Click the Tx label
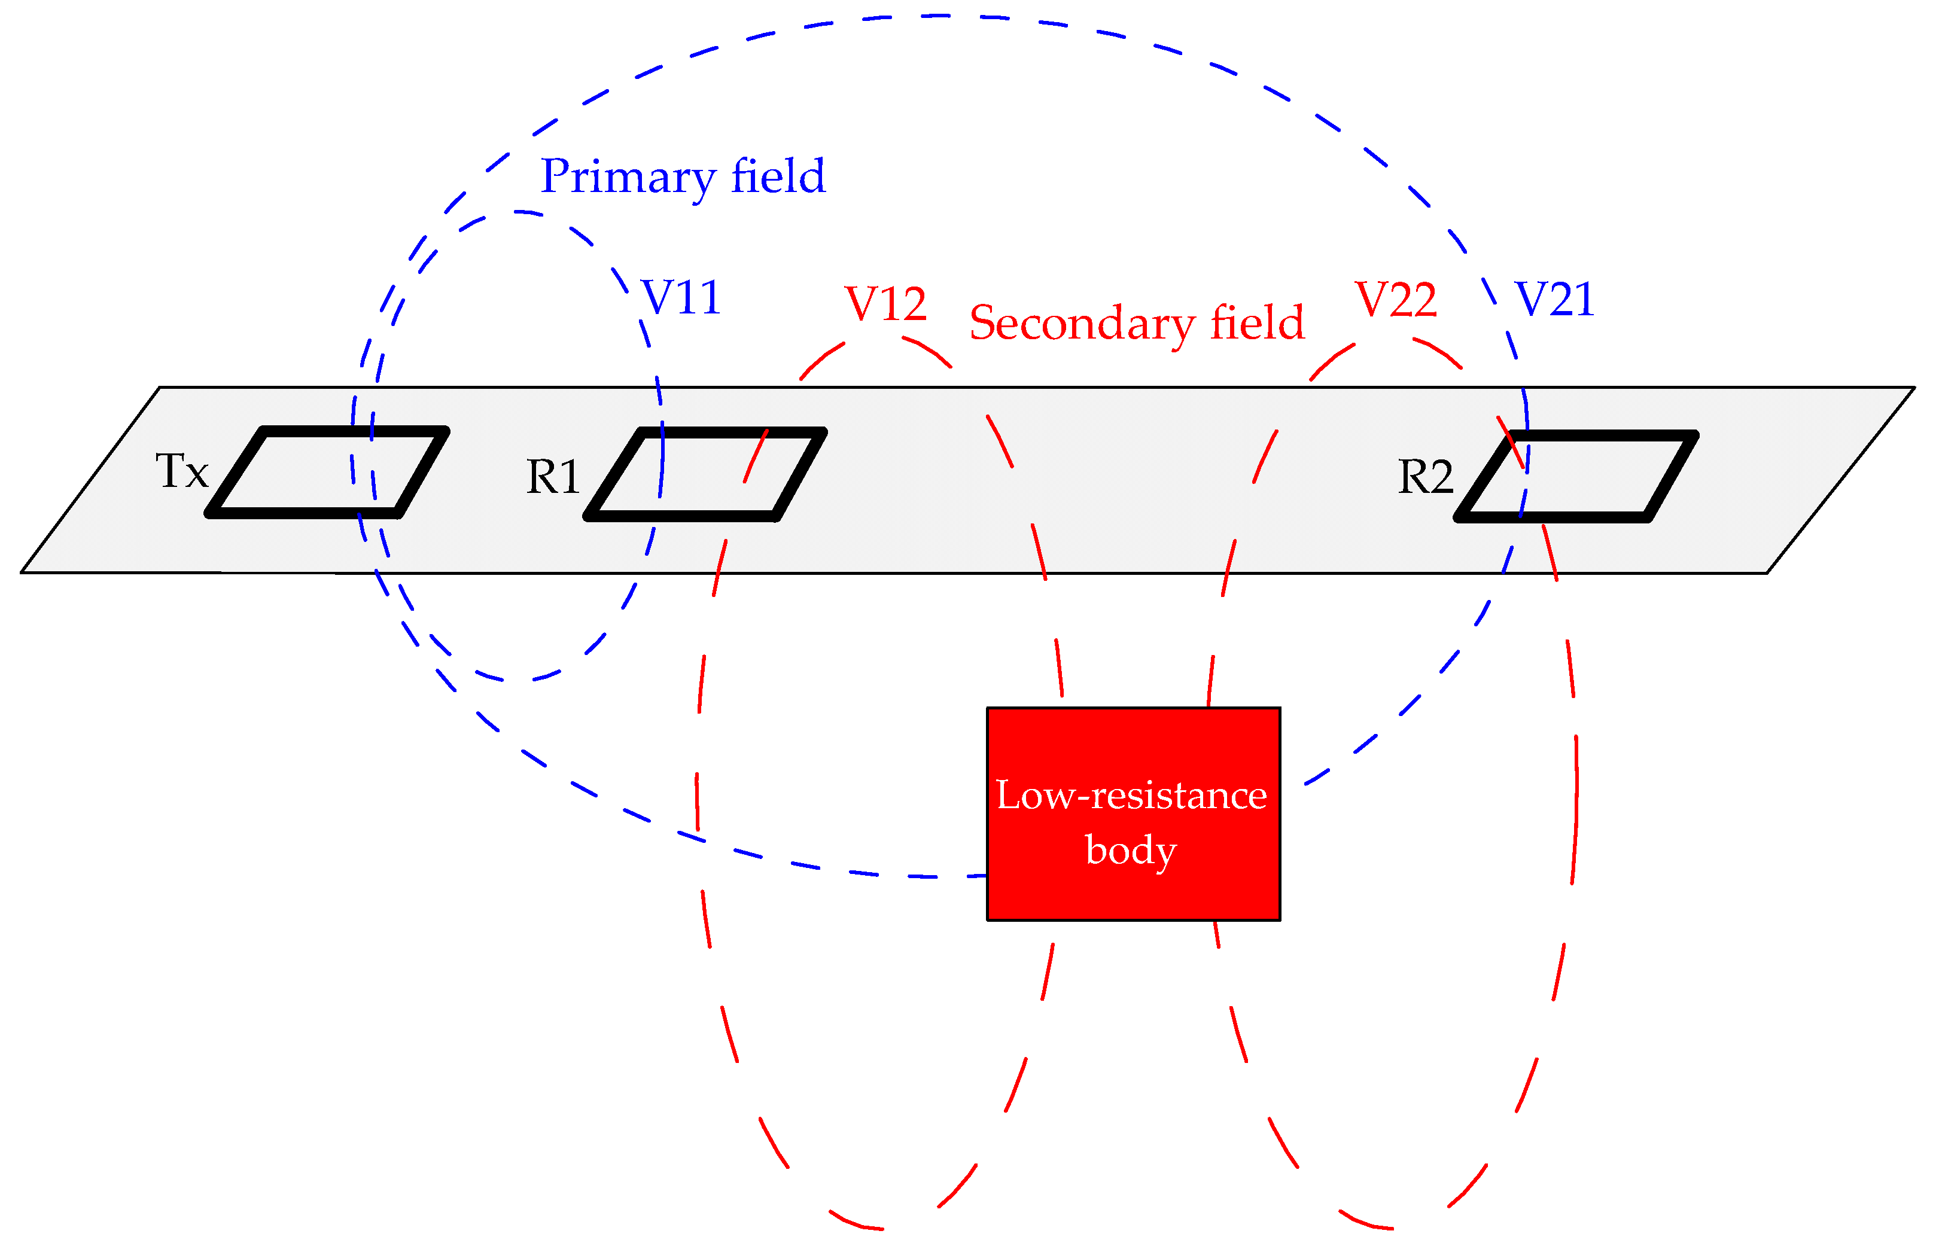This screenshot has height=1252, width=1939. point(181,471)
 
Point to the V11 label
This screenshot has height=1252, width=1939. point(681,297)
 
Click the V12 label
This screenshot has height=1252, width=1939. point(885,304)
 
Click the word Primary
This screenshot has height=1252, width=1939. point(628,177)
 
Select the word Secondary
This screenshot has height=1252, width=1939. point(1081,324)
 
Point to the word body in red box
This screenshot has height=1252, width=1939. point(1131,851)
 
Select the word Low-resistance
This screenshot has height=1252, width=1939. point(1131,795)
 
